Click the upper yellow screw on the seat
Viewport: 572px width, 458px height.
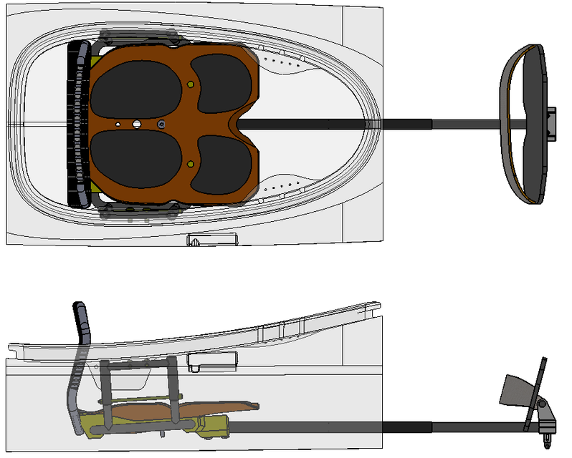(191, 84)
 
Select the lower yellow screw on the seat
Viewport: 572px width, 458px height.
(191, 165)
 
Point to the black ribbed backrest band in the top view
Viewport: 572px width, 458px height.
(76, 124)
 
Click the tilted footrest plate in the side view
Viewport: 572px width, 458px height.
(518, 392)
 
